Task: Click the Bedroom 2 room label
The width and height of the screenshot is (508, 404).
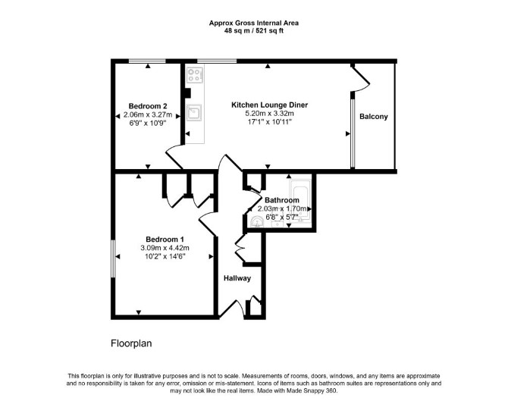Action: (148, 106)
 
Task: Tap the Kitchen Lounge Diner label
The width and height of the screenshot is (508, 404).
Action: (270, 105)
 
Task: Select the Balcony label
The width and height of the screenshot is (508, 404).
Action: (374, 117)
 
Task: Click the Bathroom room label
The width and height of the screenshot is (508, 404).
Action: (282, 200)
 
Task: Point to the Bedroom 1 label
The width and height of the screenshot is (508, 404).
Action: (165, 240)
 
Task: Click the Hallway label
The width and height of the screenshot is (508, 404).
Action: (237, 278)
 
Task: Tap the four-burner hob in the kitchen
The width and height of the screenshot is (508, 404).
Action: (194, 74)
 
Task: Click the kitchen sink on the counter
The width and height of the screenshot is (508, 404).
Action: (194, 112)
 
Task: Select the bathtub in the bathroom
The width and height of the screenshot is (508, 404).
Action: (300, 201)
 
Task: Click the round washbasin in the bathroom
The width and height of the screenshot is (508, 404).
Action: (257, 222)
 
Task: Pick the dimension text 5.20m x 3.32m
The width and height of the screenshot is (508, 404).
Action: (270, 114)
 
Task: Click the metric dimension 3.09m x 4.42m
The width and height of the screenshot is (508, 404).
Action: (165, 248)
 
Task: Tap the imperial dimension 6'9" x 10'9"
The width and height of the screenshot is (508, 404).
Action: (148, 123)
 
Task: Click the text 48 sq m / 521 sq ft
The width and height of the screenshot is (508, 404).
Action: (254, 31)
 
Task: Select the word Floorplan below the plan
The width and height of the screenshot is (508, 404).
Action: (131, 343)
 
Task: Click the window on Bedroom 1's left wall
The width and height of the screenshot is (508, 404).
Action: (113, 258)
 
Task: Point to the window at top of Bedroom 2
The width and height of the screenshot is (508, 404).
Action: (147, 61)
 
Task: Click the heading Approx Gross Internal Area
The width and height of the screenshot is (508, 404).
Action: (254, 23)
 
